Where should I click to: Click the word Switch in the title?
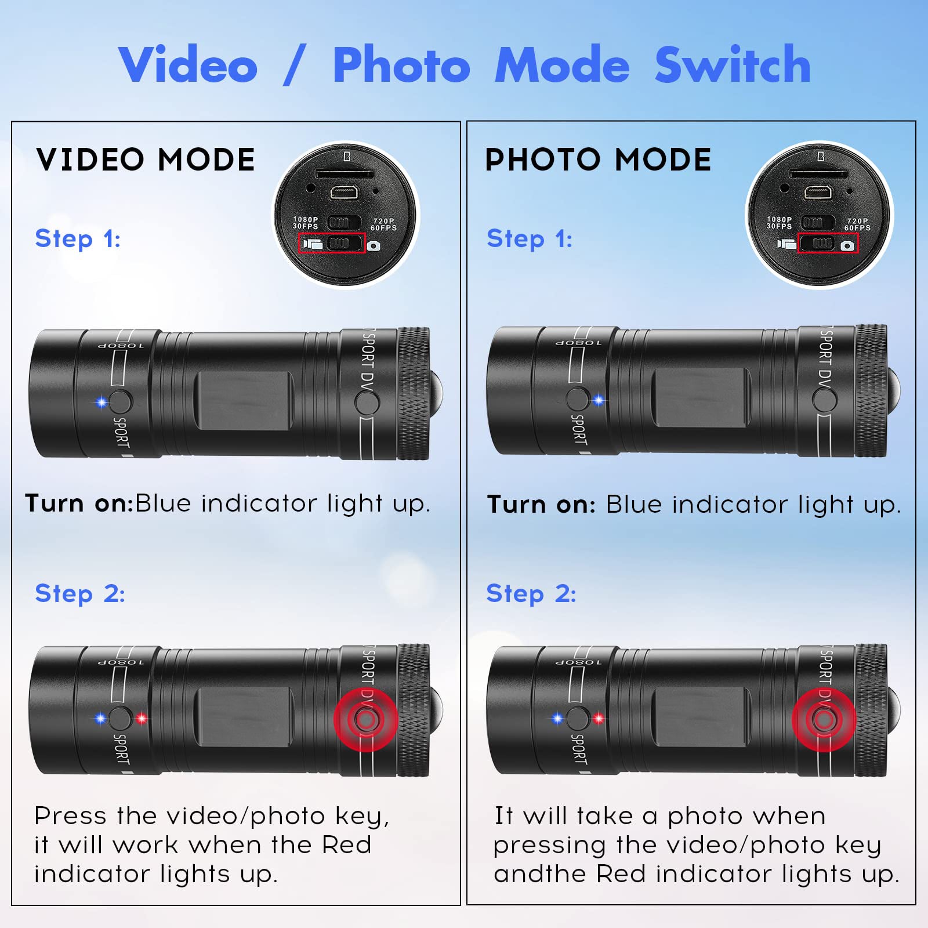tap(732, 66)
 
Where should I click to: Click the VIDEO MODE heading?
tap(146, 159)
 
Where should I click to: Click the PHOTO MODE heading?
tap(598, 159)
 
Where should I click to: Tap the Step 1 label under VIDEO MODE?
tap(78, 238)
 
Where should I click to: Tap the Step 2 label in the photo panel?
tap(531, 593)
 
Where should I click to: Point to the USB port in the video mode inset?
tap(345, 192)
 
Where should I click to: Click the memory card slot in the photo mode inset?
tap(818, 173)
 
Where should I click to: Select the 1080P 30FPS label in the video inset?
tap(305, 223)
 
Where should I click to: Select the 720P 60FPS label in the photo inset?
tap(857, 224)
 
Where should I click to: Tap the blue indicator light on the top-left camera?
tap(101, 402)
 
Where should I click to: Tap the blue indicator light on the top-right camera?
tap(599, 400)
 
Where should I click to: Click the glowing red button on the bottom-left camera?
tap(365, 720)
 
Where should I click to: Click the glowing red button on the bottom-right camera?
tap(824, 720)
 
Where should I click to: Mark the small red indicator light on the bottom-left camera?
tap(142, 719)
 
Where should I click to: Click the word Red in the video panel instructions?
tap(346, 844)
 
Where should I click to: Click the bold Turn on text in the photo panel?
tap(541, 505)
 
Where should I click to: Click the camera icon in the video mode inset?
tap(374, 246)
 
